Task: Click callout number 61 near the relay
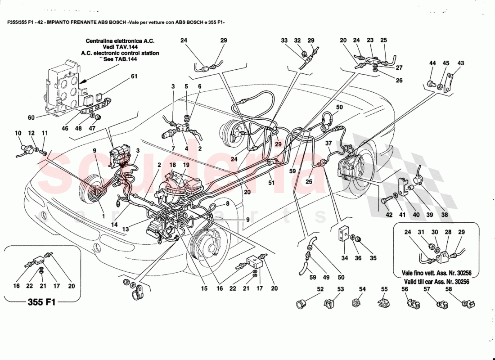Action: click(134, 76)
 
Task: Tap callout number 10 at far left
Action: click(18, 133)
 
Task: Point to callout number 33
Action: click(284, 40)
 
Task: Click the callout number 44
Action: click(432, 63)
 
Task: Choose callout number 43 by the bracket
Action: click(461, 63)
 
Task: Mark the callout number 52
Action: click(320, 289)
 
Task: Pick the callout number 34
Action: click(344, 258)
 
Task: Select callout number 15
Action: click(204, 288)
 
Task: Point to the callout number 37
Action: click(328, 143)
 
